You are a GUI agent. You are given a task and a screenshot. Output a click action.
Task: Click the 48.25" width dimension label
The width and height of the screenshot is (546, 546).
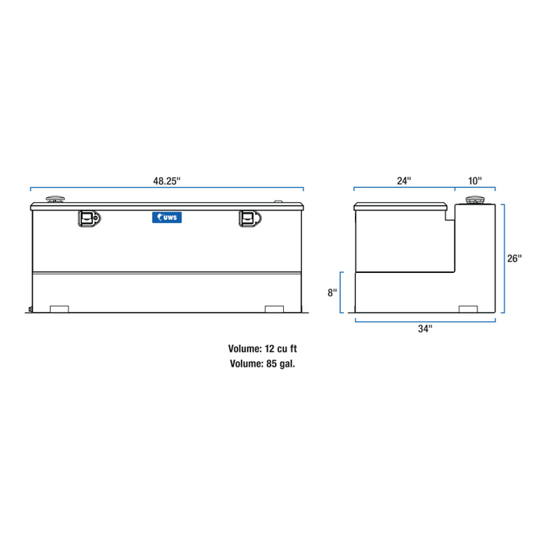pos(167,181)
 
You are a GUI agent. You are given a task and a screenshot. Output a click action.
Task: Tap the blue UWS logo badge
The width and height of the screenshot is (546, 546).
pos(167,219)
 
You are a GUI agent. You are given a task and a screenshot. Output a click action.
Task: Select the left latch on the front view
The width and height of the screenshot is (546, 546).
pos(87,218)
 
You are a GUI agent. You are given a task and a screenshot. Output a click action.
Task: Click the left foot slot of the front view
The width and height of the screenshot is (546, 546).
pos(59,309)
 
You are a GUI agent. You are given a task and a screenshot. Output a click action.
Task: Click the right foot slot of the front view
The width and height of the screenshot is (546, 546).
pos(275,309)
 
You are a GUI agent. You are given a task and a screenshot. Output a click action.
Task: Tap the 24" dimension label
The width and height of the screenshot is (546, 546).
pos(403,181)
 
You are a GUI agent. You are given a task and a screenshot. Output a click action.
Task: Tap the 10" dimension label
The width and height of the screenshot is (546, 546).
pos(474,181)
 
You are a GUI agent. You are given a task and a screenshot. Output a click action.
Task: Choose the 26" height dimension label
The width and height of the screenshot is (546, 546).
pos(514,259)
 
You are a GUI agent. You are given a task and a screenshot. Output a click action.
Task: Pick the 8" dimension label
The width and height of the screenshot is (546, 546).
pos(333,292)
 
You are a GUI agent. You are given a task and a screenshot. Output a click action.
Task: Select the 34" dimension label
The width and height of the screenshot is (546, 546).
pos(424,329)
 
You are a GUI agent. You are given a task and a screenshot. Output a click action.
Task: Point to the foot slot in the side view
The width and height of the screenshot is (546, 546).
pos(467,309)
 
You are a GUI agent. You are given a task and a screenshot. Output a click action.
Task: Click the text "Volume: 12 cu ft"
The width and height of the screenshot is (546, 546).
pos(263,349)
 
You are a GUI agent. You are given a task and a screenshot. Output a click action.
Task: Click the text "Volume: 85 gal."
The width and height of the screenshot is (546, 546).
pos(263,363)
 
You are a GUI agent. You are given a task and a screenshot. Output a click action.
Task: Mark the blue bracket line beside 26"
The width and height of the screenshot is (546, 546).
pos(504,259)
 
